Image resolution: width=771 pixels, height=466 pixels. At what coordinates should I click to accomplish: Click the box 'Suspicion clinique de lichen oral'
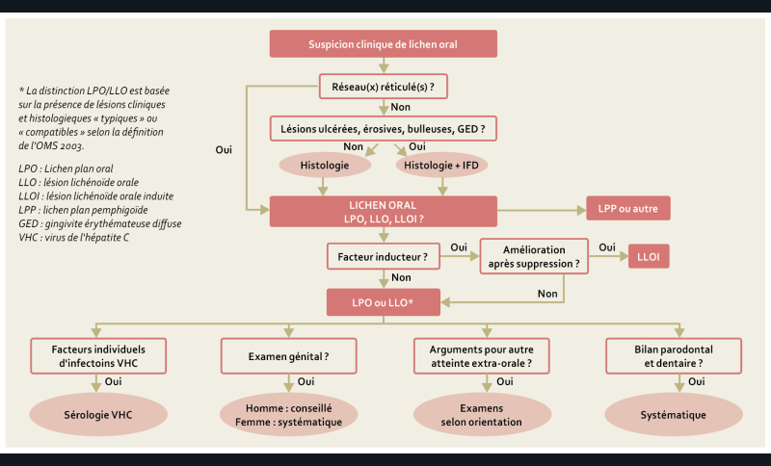[384, 44]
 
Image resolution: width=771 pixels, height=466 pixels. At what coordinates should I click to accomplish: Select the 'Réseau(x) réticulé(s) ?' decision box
[384, 88]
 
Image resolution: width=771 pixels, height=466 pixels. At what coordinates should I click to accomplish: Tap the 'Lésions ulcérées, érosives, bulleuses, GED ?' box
[383, 128]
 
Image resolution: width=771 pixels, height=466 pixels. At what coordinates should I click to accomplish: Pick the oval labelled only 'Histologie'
[325, 166]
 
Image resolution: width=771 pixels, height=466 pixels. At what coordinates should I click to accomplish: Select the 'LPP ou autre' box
[627, 209]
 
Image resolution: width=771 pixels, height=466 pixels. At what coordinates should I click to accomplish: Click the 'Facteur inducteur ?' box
[384, 257]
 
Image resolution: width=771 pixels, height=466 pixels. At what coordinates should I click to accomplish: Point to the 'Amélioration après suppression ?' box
[535, 255]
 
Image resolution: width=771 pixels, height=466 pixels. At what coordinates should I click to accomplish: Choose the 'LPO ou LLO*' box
[384, 301]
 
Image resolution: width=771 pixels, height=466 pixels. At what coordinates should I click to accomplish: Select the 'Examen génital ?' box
[286, 355]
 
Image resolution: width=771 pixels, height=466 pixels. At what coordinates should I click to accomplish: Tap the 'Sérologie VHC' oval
[93, 415]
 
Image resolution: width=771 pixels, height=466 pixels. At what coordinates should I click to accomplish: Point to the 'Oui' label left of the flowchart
[224, 150]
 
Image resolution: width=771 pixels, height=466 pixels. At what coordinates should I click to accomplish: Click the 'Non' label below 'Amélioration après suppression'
[546, 294]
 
